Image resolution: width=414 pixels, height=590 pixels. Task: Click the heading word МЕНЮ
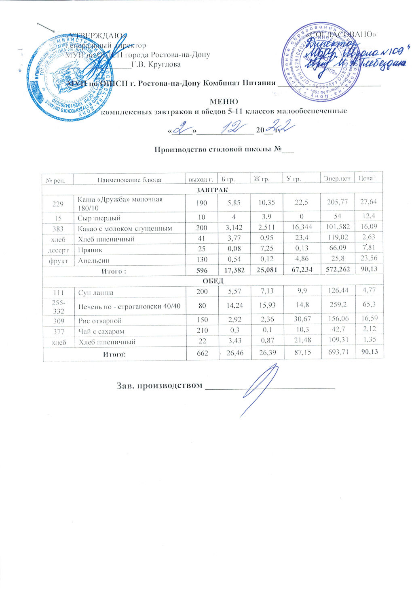tap(224, 101)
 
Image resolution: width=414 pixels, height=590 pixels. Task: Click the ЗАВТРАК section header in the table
tap(213, 189)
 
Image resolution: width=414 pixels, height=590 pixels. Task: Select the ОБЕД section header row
tap(213, 281)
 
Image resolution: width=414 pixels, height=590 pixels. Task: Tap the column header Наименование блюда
tap(129, 180)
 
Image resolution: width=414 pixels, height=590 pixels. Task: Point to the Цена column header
tap(368, 178)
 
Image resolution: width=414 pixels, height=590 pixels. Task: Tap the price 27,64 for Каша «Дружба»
tap(368, 203)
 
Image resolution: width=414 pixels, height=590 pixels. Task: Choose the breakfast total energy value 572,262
tap(337, 271)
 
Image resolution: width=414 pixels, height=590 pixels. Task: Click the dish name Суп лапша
tap(95, 292)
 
